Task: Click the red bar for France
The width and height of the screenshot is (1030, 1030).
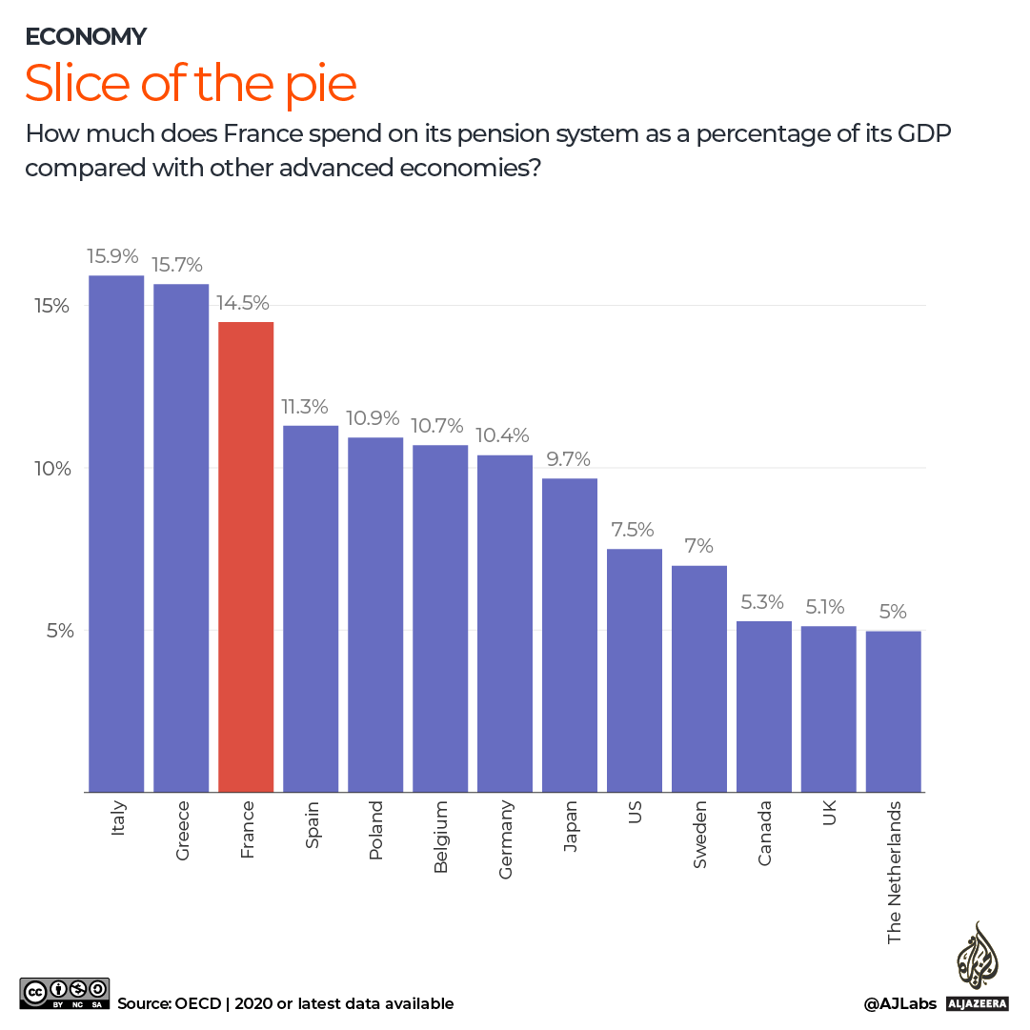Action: pyautogui.click(x=246, y=556)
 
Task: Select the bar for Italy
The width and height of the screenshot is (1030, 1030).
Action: pyautogui.click(x=116, y=534)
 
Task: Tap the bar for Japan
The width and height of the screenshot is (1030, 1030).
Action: pyautogui.click(x=570, y=635)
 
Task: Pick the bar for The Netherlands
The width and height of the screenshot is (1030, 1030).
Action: pyautogui.click(x=893, y=711)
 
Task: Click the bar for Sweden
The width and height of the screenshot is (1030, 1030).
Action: pyautogui.click(x=699, y=678)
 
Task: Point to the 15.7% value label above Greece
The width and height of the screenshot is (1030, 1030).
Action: pyautogui.click(x=177, y=265)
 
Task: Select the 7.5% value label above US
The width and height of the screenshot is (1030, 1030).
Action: pyautogui.click(x=633, y=530)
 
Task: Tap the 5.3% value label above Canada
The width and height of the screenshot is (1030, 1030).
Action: pyautogui.click(x=762, y=602)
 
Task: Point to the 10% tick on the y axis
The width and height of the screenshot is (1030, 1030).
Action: pyautogui.click(x=50, y=469)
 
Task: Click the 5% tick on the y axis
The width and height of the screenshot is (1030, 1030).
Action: pyautogui.click(x=54, y=631)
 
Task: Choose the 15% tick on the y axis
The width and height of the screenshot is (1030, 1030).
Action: pyautogui.click(x=50, y=307)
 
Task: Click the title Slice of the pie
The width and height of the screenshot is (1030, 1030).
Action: pyautogui.click(x=191, y=84)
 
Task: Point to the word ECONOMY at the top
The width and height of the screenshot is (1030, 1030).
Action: pyautogui.click(x=86, y=36)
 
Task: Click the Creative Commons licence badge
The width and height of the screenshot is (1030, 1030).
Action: pyautogui.click(x=65, y=992)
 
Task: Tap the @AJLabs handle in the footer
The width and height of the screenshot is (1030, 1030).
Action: pyautogui.click(x=899, y=1003)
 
